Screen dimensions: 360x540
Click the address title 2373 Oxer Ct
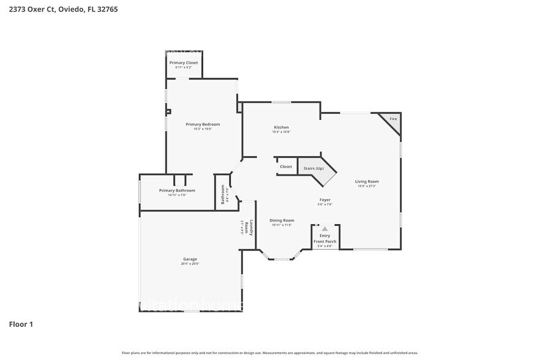[59, 9]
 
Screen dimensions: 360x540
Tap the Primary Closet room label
[184, 62]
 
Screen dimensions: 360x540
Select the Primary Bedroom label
[203, 124]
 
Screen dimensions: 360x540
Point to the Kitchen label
[281, 127]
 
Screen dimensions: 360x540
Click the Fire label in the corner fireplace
[393, 118]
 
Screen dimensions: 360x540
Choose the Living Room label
[367, 181]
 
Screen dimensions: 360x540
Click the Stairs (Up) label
[310, 168]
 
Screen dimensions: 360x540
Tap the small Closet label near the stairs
[286, 167]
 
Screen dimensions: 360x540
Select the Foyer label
[324, 200]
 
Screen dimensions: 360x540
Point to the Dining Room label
[282, 220]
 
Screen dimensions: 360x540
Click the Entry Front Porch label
[324, 239]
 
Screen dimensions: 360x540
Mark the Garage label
[190, 259]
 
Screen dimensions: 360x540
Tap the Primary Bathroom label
[177, 190]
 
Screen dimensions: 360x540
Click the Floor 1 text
[21, 324]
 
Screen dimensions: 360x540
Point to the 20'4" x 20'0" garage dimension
[190, 264]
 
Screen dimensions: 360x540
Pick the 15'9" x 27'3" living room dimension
[367, 186]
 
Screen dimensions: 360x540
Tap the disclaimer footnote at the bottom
[270, 353]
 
